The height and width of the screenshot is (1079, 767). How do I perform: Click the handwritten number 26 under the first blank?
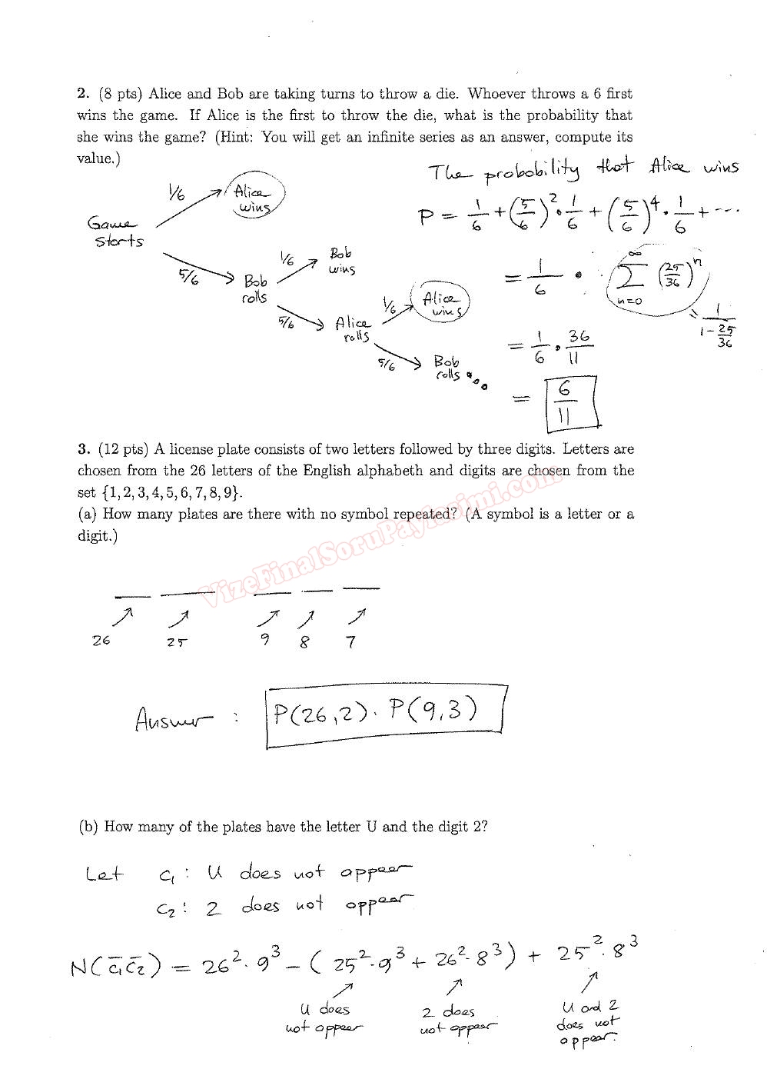pos(101,641)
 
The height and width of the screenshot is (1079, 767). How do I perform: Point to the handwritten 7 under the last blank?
pos(351,642)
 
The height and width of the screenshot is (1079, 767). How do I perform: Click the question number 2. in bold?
pos(84,94)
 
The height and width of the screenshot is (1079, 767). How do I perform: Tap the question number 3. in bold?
pos(84,449)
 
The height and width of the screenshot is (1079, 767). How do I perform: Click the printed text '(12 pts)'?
pos(123,449)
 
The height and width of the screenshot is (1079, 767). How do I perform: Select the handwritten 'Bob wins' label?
pos(342,261)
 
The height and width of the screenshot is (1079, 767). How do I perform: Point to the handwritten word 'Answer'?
pos(174,720)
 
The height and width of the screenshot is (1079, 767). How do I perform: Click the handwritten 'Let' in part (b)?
pos(104,874)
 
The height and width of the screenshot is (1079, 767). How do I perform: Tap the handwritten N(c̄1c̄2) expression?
pos(116,966)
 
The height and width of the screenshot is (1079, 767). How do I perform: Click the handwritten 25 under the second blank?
pos(177,642)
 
